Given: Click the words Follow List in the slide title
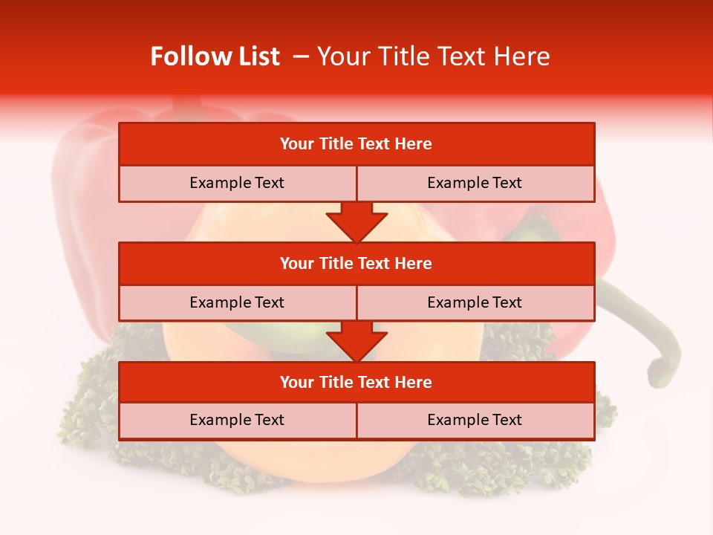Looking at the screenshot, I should pyautogui.click(x=215, y=56).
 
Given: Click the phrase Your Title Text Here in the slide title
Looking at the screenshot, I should pyautogui.click(x=434, y=56).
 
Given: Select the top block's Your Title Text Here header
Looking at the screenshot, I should pyautogui.click(x=356, y=144).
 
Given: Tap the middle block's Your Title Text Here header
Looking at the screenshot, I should pyautogui.click(x=356, y=263).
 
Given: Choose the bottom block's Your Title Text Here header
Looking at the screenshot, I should pyautogui.click(x=356, y=382).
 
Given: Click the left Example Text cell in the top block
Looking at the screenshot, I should pyautogui.click(x=237, y=183).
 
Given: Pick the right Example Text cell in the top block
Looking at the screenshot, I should pyautogui.click(x=475, y=183).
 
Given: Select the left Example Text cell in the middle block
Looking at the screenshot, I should pyautogui.click(x=237, y=302).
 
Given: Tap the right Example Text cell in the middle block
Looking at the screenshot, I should pyautogui.click(x=475, y=302).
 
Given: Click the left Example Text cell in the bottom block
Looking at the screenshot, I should pyautogui.click(x=237, y=420).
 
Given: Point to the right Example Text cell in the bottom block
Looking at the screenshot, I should pyautogui.click(x=475, y=420).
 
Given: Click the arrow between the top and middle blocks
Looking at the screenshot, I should pyautogui.click(x=356, y=222).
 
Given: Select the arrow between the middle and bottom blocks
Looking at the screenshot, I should pyautogui.click(x=356, y=341).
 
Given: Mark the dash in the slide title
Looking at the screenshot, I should pyautogui.click(x=301, y=56).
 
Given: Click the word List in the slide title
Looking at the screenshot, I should pyautogui.click(x=256, y=56).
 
